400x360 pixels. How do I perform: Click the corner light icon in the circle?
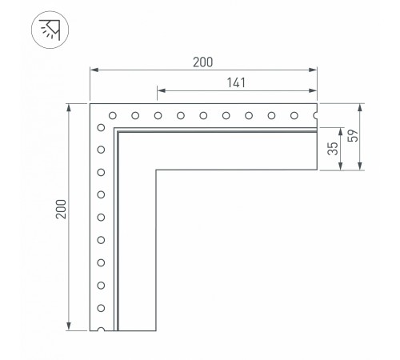click(50, 30)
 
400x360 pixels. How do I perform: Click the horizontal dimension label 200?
click(203, 62)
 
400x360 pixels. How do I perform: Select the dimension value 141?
click(236, 82)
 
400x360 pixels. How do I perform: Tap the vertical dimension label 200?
click(62, 209)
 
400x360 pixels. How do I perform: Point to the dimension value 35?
click(333, 149)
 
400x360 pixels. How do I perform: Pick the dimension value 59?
click(353, 136)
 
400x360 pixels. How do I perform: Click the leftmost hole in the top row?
click(113, 116)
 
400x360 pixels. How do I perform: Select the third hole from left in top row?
click(158, 116)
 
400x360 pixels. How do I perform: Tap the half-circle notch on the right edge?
click(315, 116)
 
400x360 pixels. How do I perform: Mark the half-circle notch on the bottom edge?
click(101, 330)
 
